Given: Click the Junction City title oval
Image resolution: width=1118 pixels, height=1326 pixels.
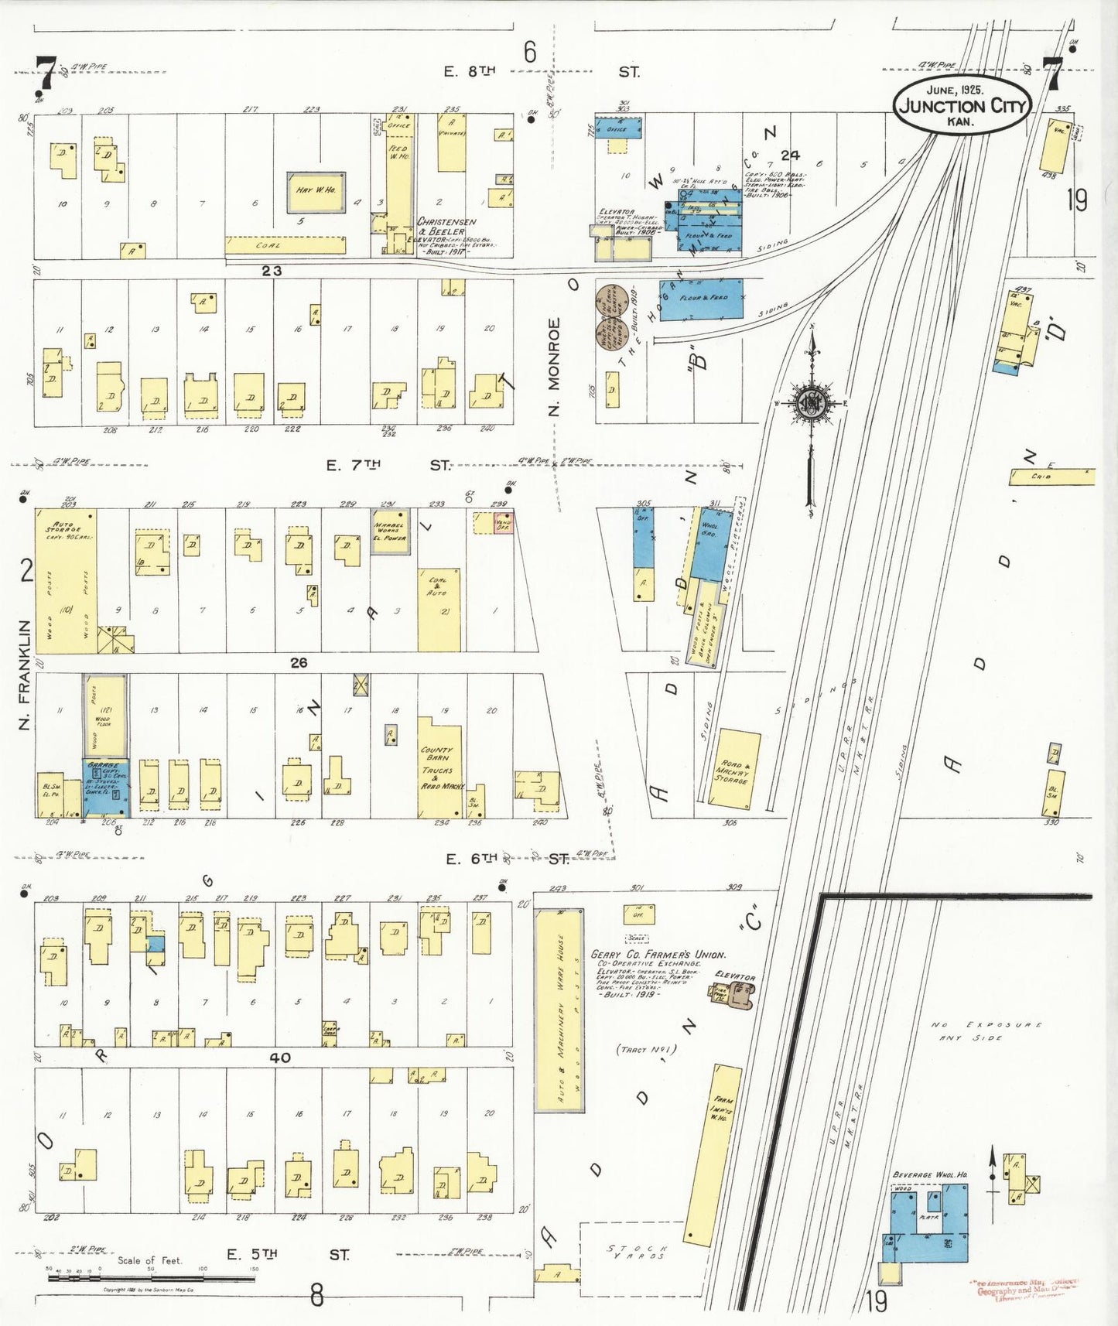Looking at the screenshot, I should coord(962,105).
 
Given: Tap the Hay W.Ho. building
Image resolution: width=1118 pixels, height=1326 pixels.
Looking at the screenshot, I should coord(316,192).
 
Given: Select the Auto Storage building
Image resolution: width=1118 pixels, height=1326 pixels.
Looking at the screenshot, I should coord(66,580).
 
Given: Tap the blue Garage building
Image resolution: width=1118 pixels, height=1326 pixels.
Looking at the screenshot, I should coord(106,788).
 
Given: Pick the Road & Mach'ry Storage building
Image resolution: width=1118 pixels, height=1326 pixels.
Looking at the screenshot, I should coord(733,768).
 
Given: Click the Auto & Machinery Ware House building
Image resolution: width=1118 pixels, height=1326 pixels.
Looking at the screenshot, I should coord(559,1010).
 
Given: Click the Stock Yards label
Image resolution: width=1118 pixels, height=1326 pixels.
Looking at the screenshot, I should coord(638,1252).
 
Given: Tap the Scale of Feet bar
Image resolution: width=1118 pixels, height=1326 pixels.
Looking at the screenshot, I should coord(151,1278).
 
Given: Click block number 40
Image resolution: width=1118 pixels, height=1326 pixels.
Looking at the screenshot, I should coord(279,1058).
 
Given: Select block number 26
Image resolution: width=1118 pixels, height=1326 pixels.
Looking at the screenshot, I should coord(299,662).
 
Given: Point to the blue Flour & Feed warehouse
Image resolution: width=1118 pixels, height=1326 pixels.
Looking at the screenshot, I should coord(700,299).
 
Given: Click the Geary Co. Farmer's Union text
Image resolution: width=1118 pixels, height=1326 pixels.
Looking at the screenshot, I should coord(658,955).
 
